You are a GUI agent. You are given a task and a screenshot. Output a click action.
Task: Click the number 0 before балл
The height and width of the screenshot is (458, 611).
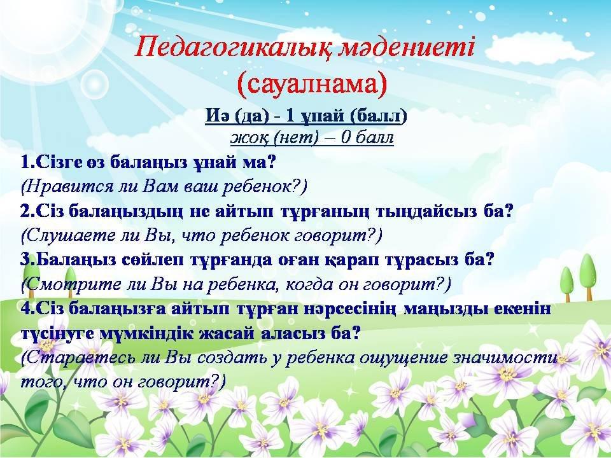point(346,137)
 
